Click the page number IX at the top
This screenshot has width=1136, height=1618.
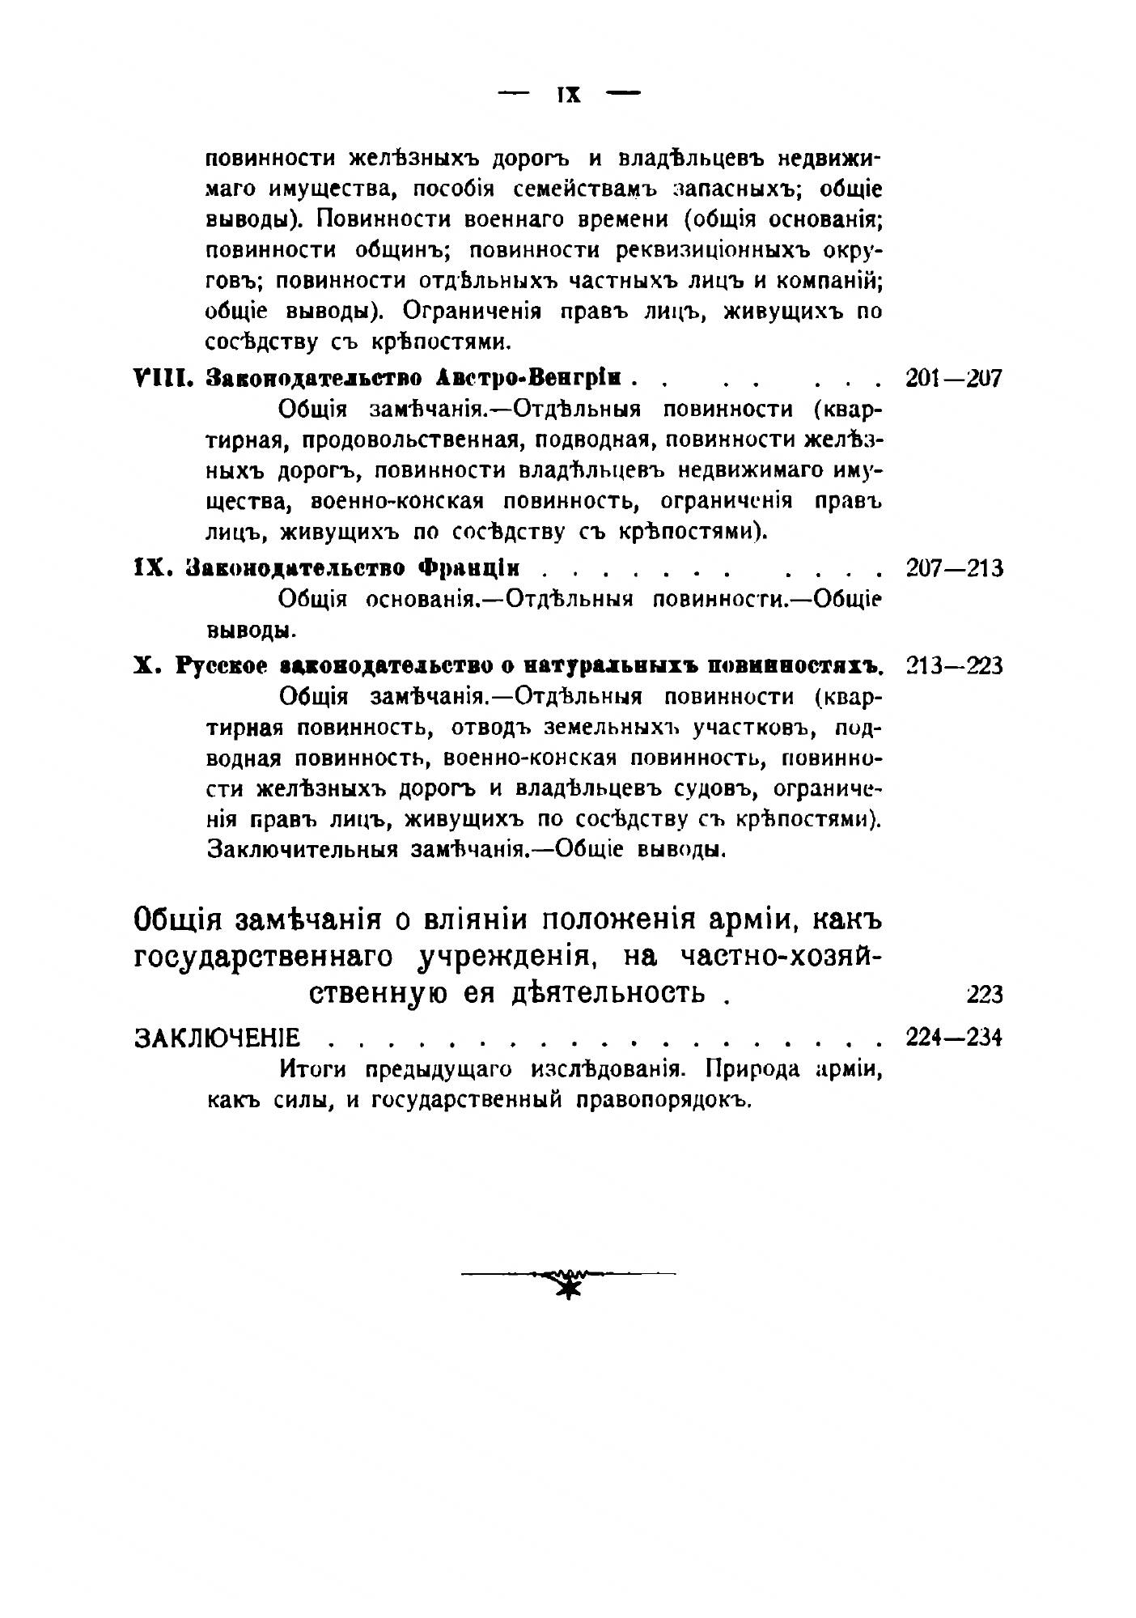click(569, 94)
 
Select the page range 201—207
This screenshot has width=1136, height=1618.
click(954, 378)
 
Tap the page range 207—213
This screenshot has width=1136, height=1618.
click(954, 567)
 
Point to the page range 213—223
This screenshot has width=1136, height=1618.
click(954, 665)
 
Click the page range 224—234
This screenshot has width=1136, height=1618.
click(954, 1036)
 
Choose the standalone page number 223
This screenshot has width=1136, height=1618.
click(984, 993)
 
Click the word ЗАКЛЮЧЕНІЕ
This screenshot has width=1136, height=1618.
click(216, 1037)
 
